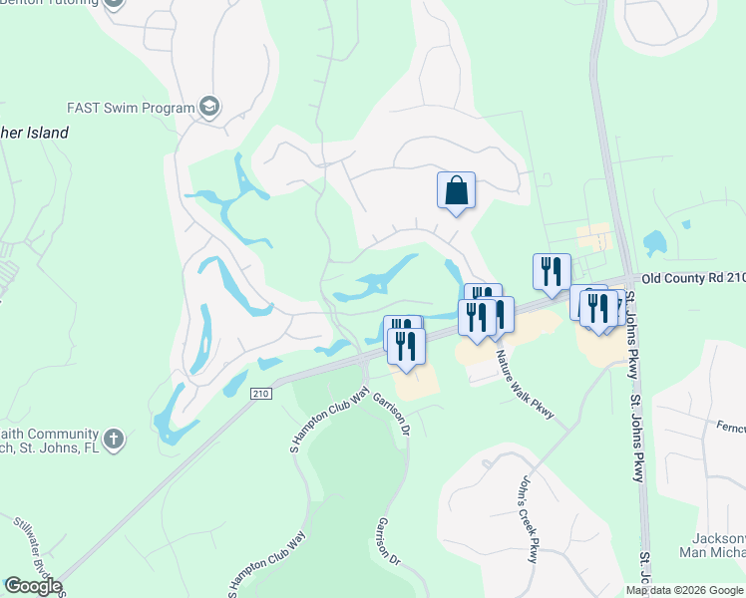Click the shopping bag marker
pos(456,189)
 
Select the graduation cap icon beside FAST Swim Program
pos(209,107)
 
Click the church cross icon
pos(115,438)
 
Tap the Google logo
pos(33,586)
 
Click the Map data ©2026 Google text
pos(684,590)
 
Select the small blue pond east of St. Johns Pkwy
pos(655,242)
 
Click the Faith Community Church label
pos(50,441)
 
